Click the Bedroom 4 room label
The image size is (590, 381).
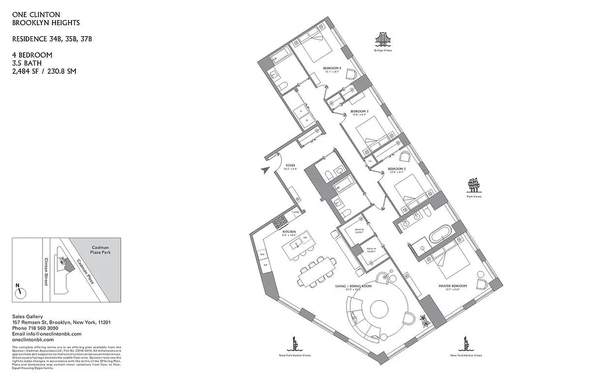(x=332, y=69)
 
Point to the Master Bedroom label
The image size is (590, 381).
(x=453, y=286)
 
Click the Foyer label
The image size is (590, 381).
(x=290, y=166)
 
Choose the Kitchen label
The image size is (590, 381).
(x=289, y=232)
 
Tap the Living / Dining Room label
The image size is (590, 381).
(x=353, y=286)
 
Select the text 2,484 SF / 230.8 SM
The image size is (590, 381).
(x=44, y=71)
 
